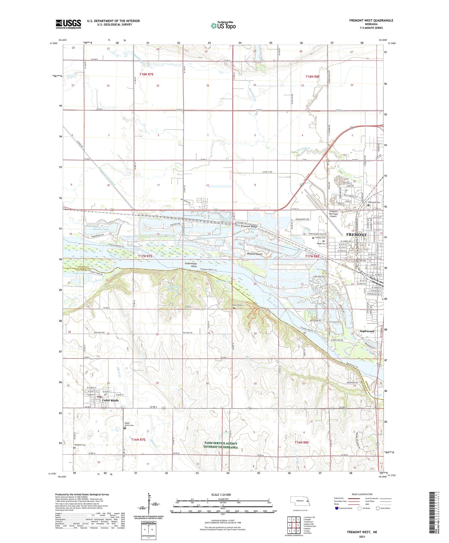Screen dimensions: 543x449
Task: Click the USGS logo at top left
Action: point(68,24)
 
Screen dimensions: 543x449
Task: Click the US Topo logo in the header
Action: point(223,26)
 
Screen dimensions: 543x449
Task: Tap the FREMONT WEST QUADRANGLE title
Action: point(371,20)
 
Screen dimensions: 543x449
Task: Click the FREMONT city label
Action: point(356,235)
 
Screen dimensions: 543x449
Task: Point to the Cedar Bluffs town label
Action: point(110,400)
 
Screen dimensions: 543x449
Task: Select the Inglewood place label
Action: point(367,331)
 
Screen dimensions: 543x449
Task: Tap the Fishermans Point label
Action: point(191,265)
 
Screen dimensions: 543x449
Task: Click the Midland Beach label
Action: point(255,254)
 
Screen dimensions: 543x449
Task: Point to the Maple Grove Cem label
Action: point(129,424)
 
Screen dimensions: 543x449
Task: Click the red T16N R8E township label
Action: point(301,442)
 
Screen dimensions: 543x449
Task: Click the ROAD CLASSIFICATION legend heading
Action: point(362,494)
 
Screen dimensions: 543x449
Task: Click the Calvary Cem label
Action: point(320,238)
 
